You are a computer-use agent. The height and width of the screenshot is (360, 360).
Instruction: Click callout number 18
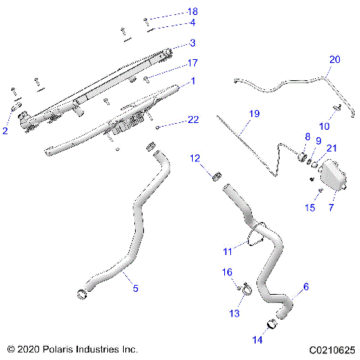pyautogui.click(x=193, y=12)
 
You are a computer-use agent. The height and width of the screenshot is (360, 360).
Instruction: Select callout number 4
pyautogui.click(x=193, y=23)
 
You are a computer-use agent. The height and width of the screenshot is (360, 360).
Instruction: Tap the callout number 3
pyautogui.click(x=193, y=43)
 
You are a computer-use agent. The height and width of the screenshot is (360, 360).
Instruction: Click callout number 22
pyautogui.click(x=193, y=120)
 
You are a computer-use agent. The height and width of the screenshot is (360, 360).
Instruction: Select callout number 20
pyautogui.click(x=334, y=59)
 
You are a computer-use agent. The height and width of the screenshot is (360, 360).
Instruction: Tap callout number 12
pyautogui.click(x=194, y=158)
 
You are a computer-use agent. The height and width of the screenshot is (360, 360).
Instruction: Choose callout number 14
pyautogui.click(x=258, y=340)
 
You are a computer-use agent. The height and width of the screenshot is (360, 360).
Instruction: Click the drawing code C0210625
pyautogui.click(x=329, y=349)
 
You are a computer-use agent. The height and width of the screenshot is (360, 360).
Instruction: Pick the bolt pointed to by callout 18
pyautogui.click(x=147, y=19)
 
